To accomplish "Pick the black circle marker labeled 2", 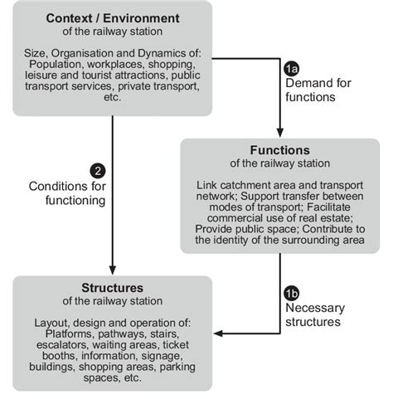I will click(x=98, y=172).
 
